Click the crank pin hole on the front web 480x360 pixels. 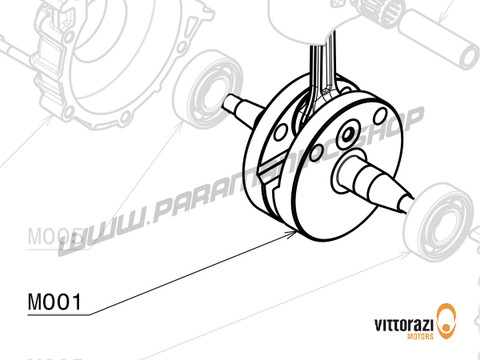point(348,135)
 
